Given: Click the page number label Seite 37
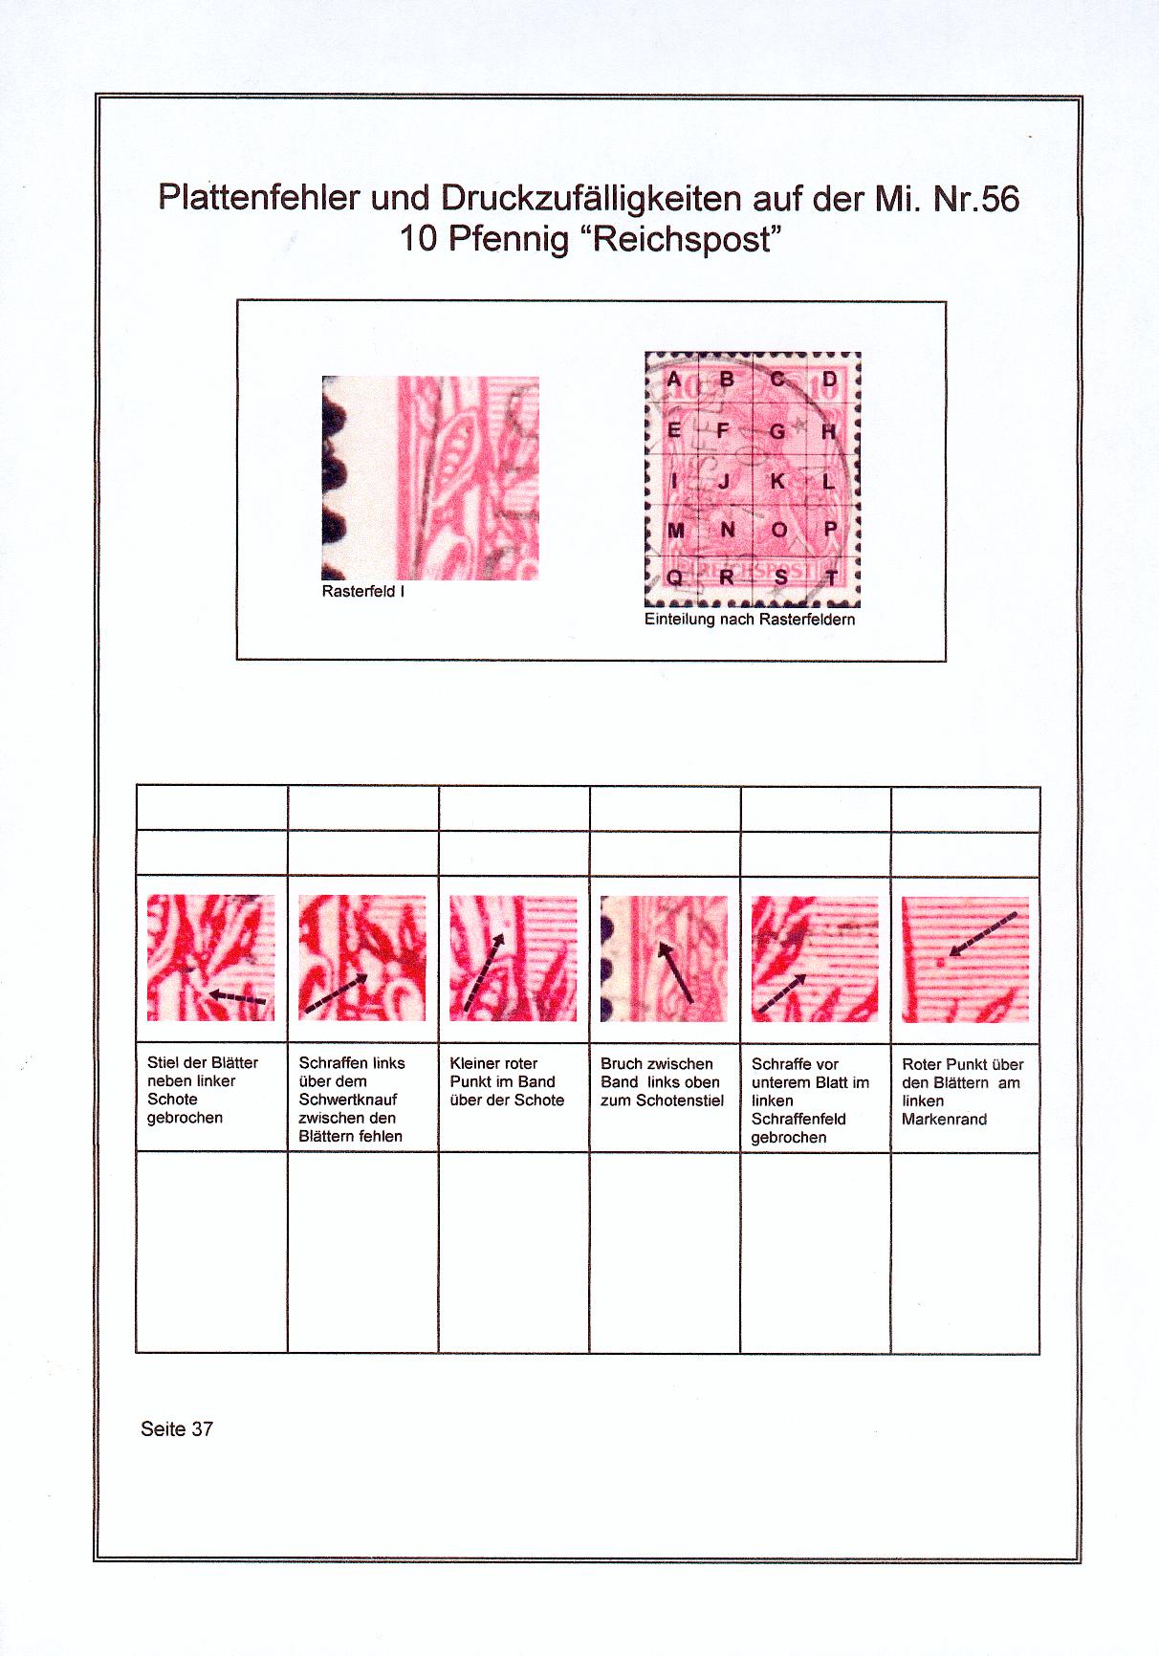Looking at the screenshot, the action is [x=177, y=1428].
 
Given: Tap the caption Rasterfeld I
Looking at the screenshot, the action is [x=362, y=591].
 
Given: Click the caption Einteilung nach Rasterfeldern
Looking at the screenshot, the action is [x=750, y=619].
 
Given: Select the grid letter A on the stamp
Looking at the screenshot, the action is [x=674, y=380].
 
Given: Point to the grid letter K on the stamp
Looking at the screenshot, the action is [x=777, y=481].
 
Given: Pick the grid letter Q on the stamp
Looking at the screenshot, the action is [x=674, y=577].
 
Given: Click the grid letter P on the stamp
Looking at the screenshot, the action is [x=829, y=529].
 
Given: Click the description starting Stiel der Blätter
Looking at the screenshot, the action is [x=203, y=1090].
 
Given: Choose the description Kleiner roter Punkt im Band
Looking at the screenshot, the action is [x=507, y=1081].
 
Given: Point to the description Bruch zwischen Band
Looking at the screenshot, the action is [x=662, y=1081].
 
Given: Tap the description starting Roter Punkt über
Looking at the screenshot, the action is [x=962, y=1091].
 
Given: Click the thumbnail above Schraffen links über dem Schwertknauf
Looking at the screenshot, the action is [x=362, y=958].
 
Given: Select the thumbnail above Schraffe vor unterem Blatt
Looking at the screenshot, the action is [x=815, y=959].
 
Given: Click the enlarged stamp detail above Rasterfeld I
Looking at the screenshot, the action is [x=430, y=478].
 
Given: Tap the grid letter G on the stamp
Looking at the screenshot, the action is [x=777, y=431].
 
